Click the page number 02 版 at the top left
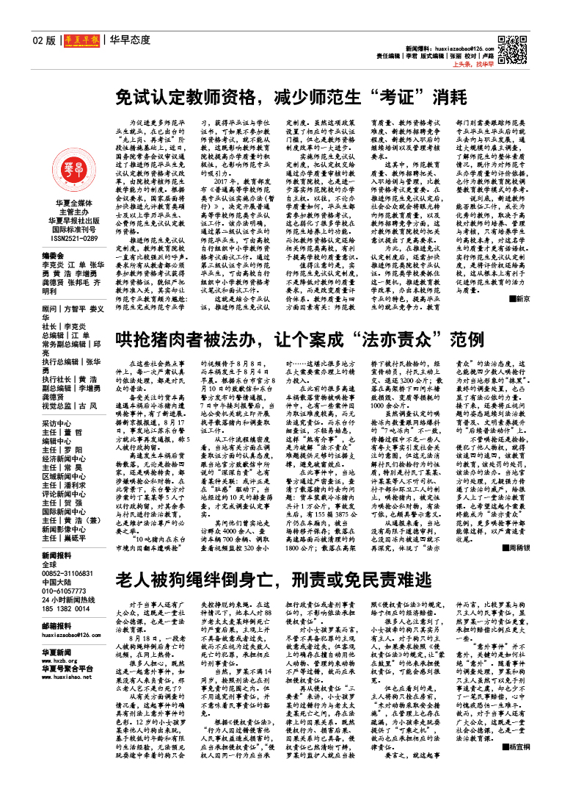[43, 40]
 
